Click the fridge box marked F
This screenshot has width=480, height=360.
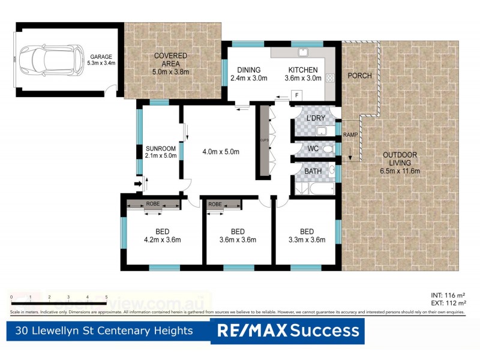click(x=297, y=95)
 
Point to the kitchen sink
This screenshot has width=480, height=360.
click(x=304, y=51)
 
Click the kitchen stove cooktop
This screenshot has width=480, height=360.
click(x=330, y=77)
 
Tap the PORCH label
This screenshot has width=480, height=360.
click(x=359, y=76)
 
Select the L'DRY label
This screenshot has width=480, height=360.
click(x=316, y=118)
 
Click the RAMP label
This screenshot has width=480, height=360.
click(x=350, y=135)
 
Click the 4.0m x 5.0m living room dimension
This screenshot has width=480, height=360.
click(x=220, y=152)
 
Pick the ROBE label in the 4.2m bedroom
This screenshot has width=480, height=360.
click(x=153, y=204)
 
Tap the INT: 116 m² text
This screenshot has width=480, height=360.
click(x=448, y=296)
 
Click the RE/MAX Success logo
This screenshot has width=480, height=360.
click(x=287, y=331)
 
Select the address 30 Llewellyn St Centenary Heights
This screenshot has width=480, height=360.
click(x=105, y=331)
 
